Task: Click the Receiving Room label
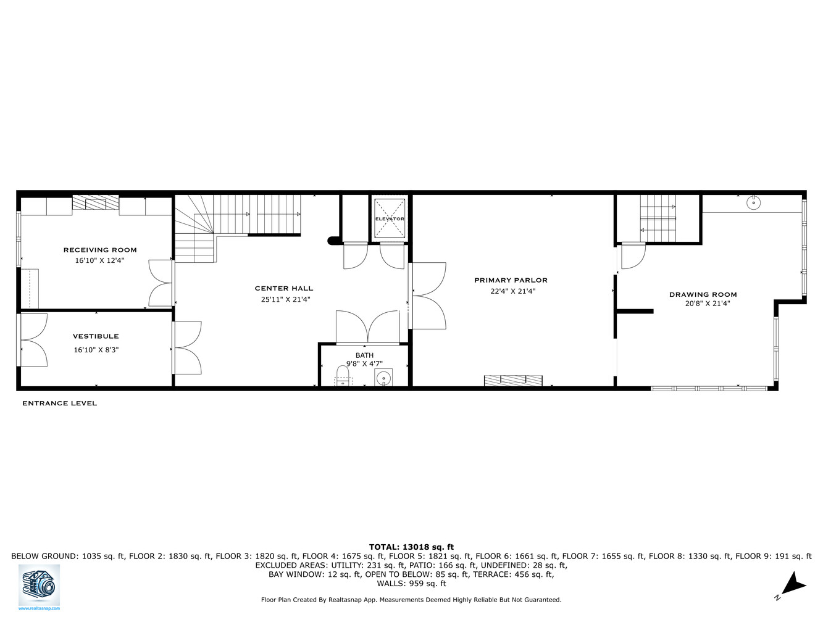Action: (x=100, y=250)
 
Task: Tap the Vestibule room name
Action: (x=96, y=336)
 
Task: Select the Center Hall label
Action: (x=284, y=288)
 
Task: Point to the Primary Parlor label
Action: (x=511, y=280)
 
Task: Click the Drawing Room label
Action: (x=703, y=294)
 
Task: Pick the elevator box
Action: (x=390, y=218)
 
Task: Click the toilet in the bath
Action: (x=342, y=376)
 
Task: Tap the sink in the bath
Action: (x=384, y=378)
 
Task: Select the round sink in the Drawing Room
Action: (x=753, y=202)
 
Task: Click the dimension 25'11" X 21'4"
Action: (x=285, y=300)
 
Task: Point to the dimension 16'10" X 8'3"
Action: (x=96, y=350)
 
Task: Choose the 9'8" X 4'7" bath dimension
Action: (x=364, y=364)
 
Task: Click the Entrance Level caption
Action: (x=59, y=404)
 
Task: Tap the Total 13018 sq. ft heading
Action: (x=411, y=547)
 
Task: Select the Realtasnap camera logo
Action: (x=39, y=584)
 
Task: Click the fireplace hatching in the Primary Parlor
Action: (x=513, y=381)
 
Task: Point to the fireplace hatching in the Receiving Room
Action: (x=96, y=204)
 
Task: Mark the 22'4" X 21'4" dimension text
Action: (x=513, y=292)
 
